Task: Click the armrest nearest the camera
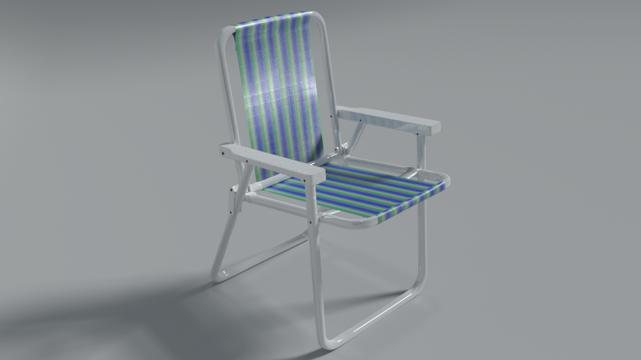(x=272, y=162)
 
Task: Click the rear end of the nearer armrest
(x=226, y=150)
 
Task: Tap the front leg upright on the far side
(x=422, y=244)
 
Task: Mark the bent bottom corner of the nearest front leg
(x=325, y=341)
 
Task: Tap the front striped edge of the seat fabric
(x=411, y=202)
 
